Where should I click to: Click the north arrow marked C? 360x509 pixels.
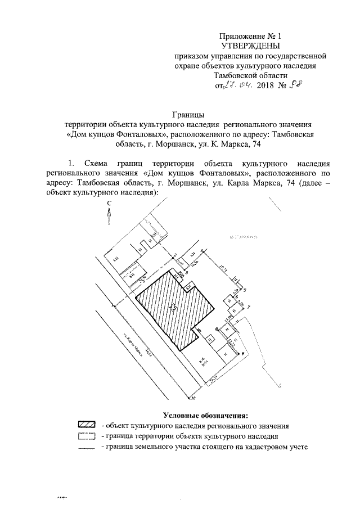click(x=110, y=213)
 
